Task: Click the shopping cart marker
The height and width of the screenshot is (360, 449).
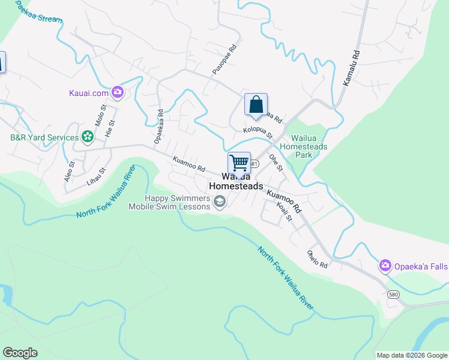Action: point(239,163)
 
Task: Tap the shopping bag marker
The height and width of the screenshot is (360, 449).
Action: point(256,104)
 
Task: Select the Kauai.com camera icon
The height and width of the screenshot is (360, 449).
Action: point(117,92)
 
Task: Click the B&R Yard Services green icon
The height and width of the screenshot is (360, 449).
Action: point(88,137)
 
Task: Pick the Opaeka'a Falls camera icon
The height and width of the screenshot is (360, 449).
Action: point(385,265)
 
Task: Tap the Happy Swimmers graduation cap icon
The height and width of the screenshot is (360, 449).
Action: point(220,202)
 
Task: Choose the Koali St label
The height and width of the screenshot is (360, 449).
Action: point(284,212)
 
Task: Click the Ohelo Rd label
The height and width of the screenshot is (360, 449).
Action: point(317,259)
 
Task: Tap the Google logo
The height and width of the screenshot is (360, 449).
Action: point(20,353)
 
